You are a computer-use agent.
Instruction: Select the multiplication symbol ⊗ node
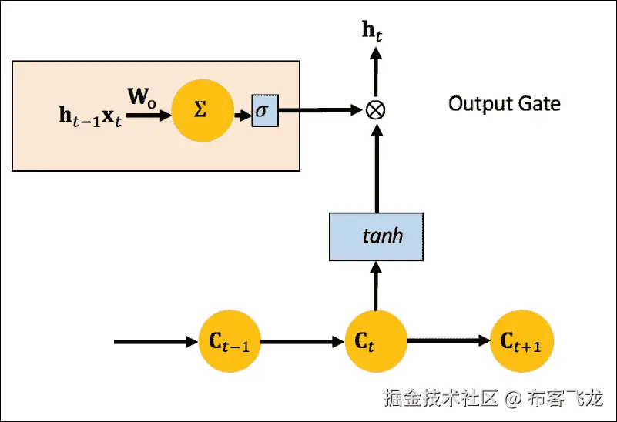pos(376,110)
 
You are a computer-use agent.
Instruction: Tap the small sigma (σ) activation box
pos(263,111)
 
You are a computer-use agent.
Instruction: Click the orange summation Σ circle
pos(202,110)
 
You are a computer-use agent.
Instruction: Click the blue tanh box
pos(376,235)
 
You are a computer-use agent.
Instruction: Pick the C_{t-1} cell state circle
pos(230,341)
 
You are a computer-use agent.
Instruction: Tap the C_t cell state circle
pos(376,341)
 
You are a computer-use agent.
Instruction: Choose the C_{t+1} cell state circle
pos(521,341)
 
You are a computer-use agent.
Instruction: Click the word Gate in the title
pos(540,103)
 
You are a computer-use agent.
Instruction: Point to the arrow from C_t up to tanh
pos(376,285)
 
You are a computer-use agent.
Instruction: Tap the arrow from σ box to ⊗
pos(320,111)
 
